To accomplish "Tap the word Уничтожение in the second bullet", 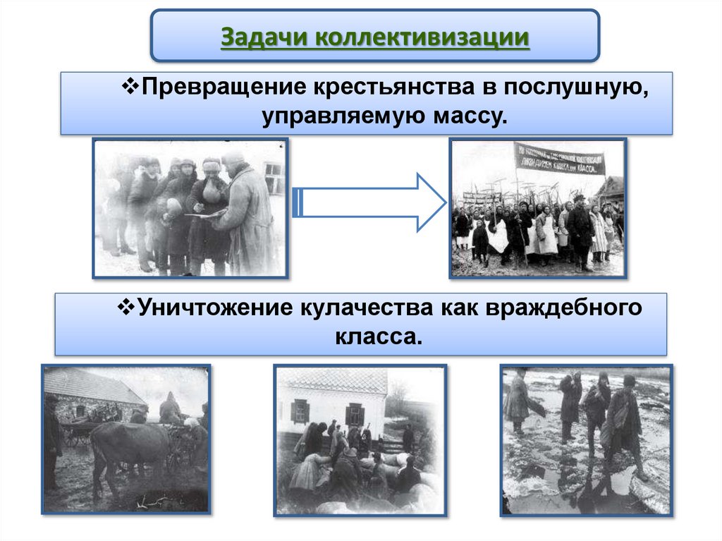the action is (x=216, y=308).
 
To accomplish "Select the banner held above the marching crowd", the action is (x=559, y=159).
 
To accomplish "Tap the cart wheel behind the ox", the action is (x=72, y=437).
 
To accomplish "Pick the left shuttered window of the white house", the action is (x=300, y=411).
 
